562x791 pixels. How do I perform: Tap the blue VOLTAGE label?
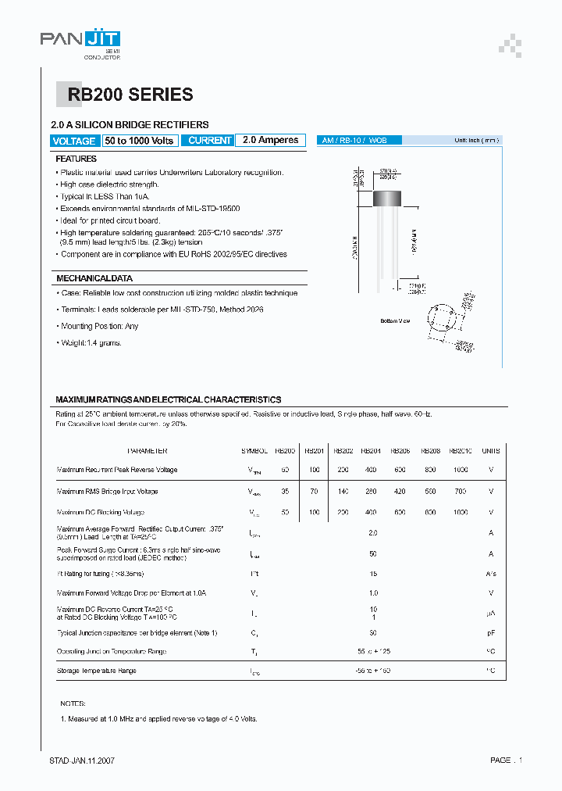click(75, 141)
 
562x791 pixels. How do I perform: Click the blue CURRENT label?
click(210, 141)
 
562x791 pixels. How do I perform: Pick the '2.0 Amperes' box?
click(270, 141)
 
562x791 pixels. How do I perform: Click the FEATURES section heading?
click(76, 159)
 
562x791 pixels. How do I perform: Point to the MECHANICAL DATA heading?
click(94, 278)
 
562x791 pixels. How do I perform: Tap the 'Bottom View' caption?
click(395, 321)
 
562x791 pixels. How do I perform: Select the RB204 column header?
click(372, 451)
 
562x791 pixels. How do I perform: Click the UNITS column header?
click(490, 451)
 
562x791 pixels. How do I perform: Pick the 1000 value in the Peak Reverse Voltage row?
click(461, 470)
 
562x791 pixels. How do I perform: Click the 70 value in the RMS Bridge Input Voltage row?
click(314, 492)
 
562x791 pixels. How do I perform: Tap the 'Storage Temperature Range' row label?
click(97, 671)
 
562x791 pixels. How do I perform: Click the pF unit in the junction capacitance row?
click(490, 632)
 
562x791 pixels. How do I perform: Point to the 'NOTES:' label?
click(73, 703)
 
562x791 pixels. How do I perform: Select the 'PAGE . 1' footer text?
click(506, 761)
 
